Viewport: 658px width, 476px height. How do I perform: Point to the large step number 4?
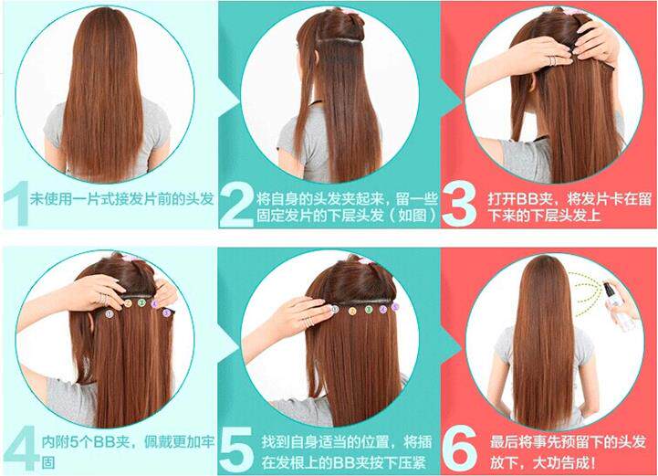click(18, 442)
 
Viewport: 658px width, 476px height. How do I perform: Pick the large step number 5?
click(236, 442)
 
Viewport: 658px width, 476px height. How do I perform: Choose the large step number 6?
click(458, 442)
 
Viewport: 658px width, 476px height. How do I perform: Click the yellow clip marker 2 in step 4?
click(129, 304)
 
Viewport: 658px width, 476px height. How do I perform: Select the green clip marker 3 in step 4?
click(143, 301)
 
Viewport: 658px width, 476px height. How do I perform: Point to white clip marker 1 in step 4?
click(110, 312)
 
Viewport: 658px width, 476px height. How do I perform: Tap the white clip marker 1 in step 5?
click(334, 310)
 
